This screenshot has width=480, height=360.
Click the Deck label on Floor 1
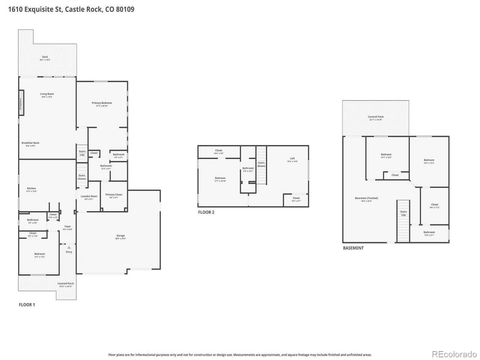click(x=44, y=57)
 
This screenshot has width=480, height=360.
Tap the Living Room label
click(x=47, y=95)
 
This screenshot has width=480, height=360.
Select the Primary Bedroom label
click(x=101, y=104)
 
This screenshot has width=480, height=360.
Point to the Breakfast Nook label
click(x=31, y=143)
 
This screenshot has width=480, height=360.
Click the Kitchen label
click(x=31, y=189)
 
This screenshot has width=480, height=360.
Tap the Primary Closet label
click(x=113, y=195)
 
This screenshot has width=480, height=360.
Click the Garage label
click(x=121, y=236)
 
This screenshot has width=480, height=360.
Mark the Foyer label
click(x=68, y=227)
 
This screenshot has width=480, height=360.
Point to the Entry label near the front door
click(x=69, y=251)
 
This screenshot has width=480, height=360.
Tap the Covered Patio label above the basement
click(x=375, y=117)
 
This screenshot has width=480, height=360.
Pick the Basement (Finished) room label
click(x=367, y=199)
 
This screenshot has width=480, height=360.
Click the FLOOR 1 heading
click(x=27, y=305)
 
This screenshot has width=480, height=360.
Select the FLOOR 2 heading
click(x=206, y=212)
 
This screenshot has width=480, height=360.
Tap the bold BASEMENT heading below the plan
click(x=353, y=248)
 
